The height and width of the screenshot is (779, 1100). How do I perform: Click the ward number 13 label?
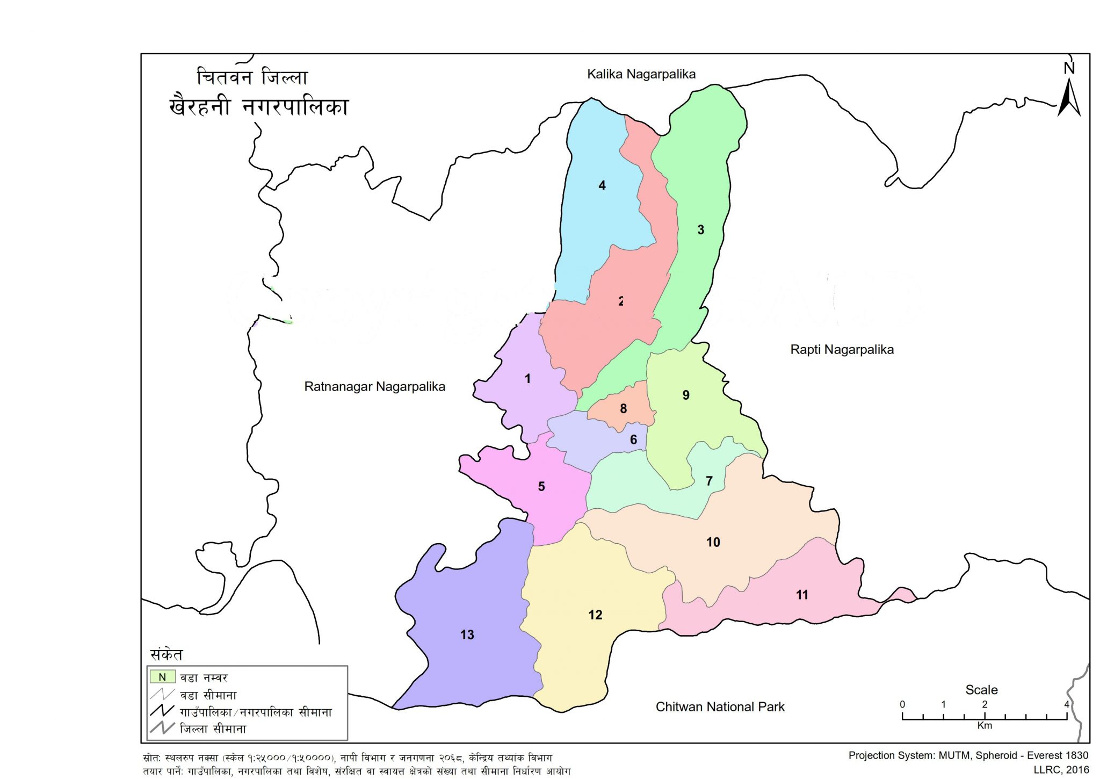(467, 634)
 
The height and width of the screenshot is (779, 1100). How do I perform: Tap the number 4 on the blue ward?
(602, 185)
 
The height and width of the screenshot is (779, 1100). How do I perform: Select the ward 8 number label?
(623, 409)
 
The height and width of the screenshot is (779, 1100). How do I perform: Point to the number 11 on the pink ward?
(801, 595)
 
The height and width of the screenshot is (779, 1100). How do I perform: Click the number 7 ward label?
(708, 481)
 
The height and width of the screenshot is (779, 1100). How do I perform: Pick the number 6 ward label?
(633, 440)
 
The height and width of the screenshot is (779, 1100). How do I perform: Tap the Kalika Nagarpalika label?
(641, 74)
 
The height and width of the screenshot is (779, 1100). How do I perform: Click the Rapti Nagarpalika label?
(841, 350)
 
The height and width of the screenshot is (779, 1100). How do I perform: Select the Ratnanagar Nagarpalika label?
(374, 387)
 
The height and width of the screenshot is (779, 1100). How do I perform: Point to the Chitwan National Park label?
(720, 707)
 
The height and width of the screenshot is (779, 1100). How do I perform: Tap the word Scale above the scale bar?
(981, 690)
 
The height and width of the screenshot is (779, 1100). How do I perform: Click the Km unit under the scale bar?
(984, 726)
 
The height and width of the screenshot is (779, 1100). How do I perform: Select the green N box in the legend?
(162, 677)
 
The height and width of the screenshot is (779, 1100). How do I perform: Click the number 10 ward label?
(713, 542)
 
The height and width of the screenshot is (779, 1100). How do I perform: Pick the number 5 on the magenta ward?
(541, 487)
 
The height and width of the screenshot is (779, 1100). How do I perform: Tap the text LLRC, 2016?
(1061, 770)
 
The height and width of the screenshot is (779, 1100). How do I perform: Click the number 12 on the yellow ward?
(595, 615)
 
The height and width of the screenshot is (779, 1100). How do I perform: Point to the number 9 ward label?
(685, 395)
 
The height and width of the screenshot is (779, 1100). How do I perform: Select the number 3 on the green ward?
(700, 230)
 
